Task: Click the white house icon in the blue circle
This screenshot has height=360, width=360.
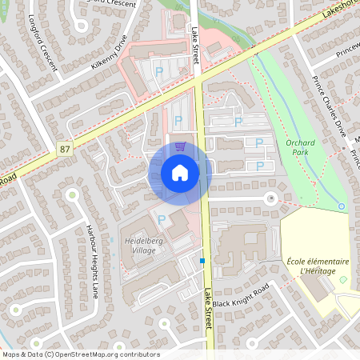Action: (180, 172)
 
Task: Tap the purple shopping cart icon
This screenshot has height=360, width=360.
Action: (180, 146)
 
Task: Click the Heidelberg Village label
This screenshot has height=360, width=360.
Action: (141, 245)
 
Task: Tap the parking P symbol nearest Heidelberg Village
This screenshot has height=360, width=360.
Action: (162, 219)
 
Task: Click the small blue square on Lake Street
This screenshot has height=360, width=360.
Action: (203, 261)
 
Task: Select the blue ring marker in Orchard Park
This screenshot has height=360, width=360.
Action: (342, 206)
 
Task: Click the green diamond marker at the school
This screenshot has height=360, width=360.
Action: (343, 279)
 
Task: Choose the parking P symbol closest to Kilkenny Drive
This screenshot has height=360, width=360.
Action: (158, 72)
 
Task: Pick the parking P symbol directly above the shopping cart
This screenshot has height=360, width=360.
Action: (178, 120)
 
